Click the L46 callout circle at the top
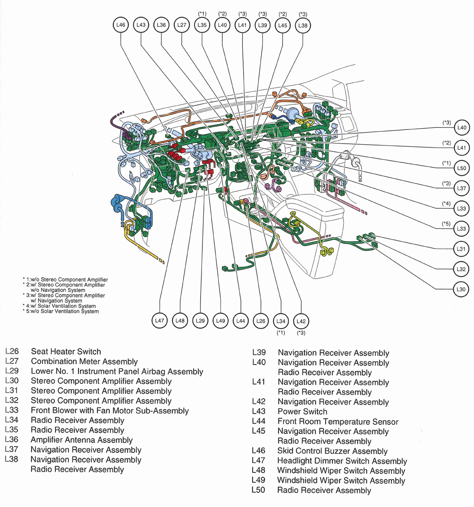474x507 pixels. click(120, 25)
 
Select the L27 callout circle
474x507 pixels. click(181, 25)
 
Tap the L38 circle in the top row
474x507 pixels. click(303, 26)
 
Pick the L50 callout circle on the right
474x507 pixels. click(462, 168)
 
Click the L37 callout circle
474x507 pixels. click(462, 188)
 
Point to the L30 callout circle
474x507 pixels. click(461, 289)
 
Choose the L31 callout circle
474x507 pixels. click(461, 249)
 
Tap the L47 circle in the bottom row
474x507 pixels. click(159, 321)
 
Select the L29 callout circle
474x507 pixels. click(200, 321)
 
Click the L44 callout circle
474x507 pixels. click(240, 321)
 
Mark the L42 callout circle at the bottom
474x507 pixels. click(301, 321)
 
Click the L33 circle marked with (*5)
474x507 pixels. click(462, 228)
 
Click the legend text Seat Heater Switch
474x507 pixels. click(66, 351)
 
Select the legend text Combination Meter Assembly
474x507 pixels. click(84, 361)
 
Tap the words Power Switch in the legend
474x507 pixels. click(302, 411)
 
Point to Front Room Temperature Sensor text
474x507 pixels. click(338, 421)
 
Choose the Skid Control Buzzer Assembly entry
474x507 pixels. click(332, 451)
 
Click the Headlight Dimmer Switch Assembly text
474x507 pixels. click(342, 461)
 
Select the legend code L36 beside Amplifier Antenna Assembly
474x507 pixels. click(11, 440)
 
